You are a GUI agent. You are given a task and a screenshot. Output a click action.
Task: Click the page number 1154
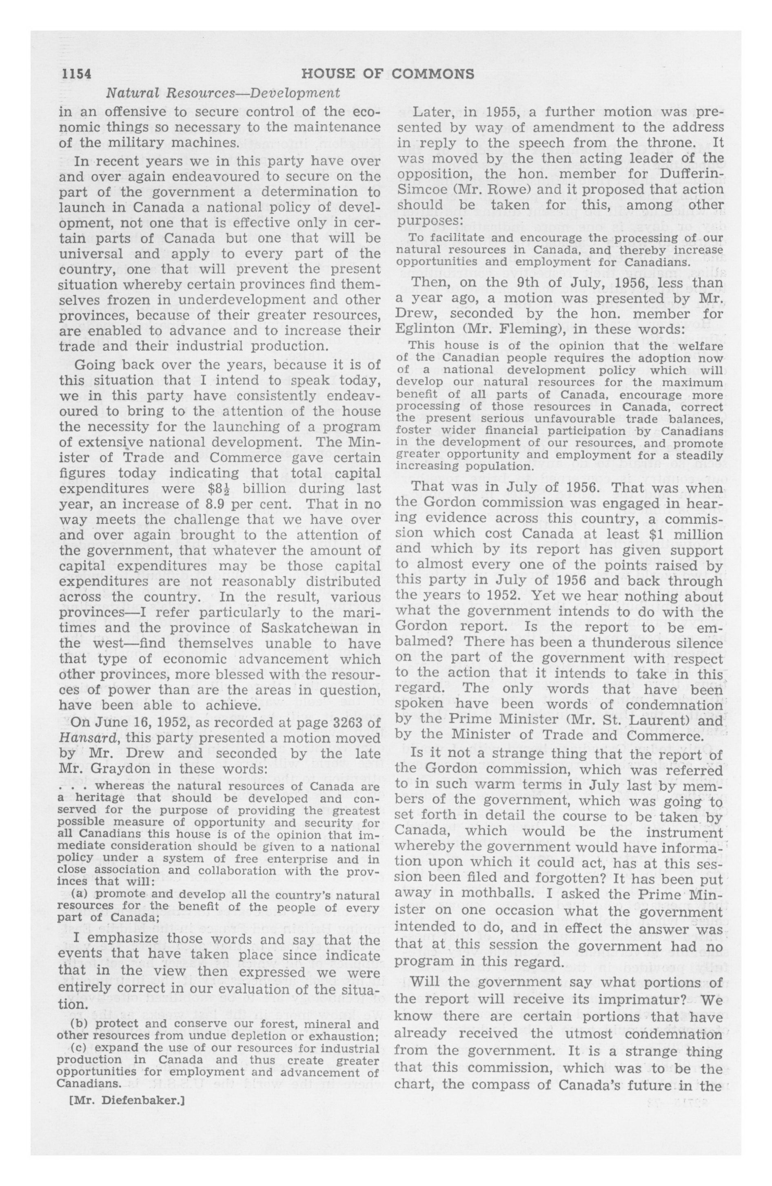click(x=76, y=74)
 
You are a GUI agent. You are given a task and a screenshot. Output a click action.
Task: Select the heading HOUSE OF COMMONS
click(x=388, y=74)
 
